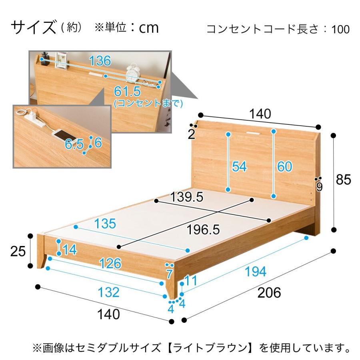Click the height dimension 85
(343, 180)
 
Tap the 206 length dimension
(269, 293)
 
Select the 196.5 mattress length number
(204, 229)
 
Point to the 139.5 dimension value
(186, 197)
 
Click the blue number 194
(255, 272)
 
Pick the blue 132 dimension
(108, 292)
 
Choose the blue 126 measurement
(110, 263)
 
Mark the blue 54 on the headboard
(239, 166)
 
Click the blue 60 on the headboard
(284, 166)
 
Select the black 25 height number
(18, 252)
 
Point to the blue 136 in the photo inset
(100, 61)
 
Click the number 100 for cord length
(340, 30)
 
